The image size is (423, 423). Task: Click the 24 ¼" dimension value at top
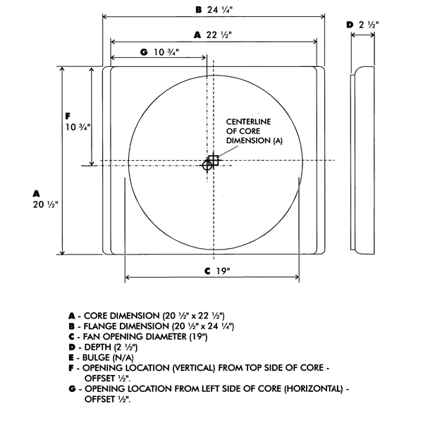(220, 10)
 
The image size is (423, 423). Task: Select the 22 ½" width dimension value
(219, 35)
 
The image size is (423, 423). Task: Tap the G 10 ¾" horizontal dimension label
(160, 52)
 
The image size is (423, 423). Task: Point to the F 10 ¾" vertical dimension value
(78, 127)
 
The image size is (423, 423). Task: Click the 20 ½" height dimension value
(46, 204)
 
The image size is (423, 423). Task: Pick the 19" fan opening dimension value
(223, 271)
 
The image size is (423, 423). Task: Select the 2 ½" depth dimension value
(369, 25)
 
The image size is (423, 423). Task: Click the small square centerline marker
(214, 160)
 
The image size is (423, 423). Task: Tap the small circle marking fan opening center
(207, 165)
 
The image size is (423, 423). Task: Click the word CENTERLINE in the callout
(248, 122)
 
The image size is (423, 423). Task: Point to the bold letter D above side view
(350, 25)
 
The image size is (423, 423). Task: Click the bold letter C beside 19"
(207, 271)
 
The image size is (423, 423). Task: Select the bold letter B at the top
(199, 10)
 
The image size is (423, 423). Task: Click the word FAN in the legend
(92, 337)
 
